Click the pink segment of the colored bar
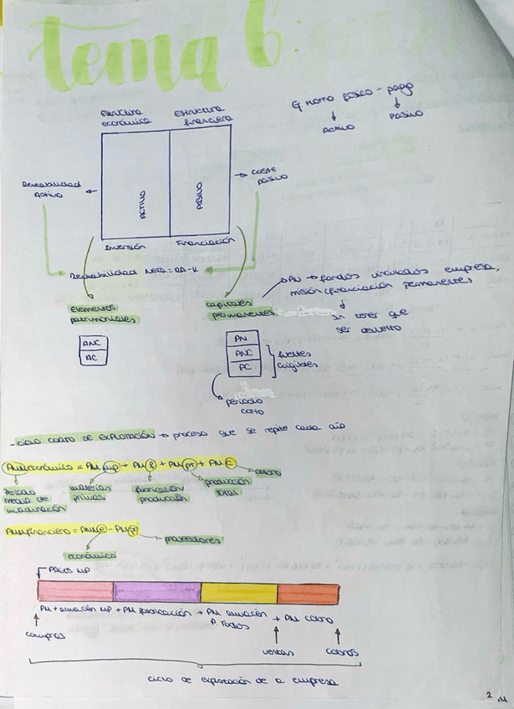pyautogui.click(x=75, y=592)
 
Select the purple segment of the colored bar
pyautogui.click(x=156, y=592)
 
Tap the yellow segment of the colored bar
pyautogui.click(x=238, y=592)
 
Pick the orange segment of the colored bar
pyautogui.click(x=308, y=592)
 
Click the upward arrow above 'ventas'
pyautogui.click(x=277, y=632)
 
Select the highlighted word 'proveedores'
pyautogui.click(x=194, y=539)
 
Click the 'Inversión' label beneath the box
pyautogui.click(x=125, y=246)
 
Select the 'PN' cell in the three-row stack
pyautogui.click(x=242, y=339)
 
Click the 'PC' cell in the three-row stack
pyautogui.click(x=242, y=365)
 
